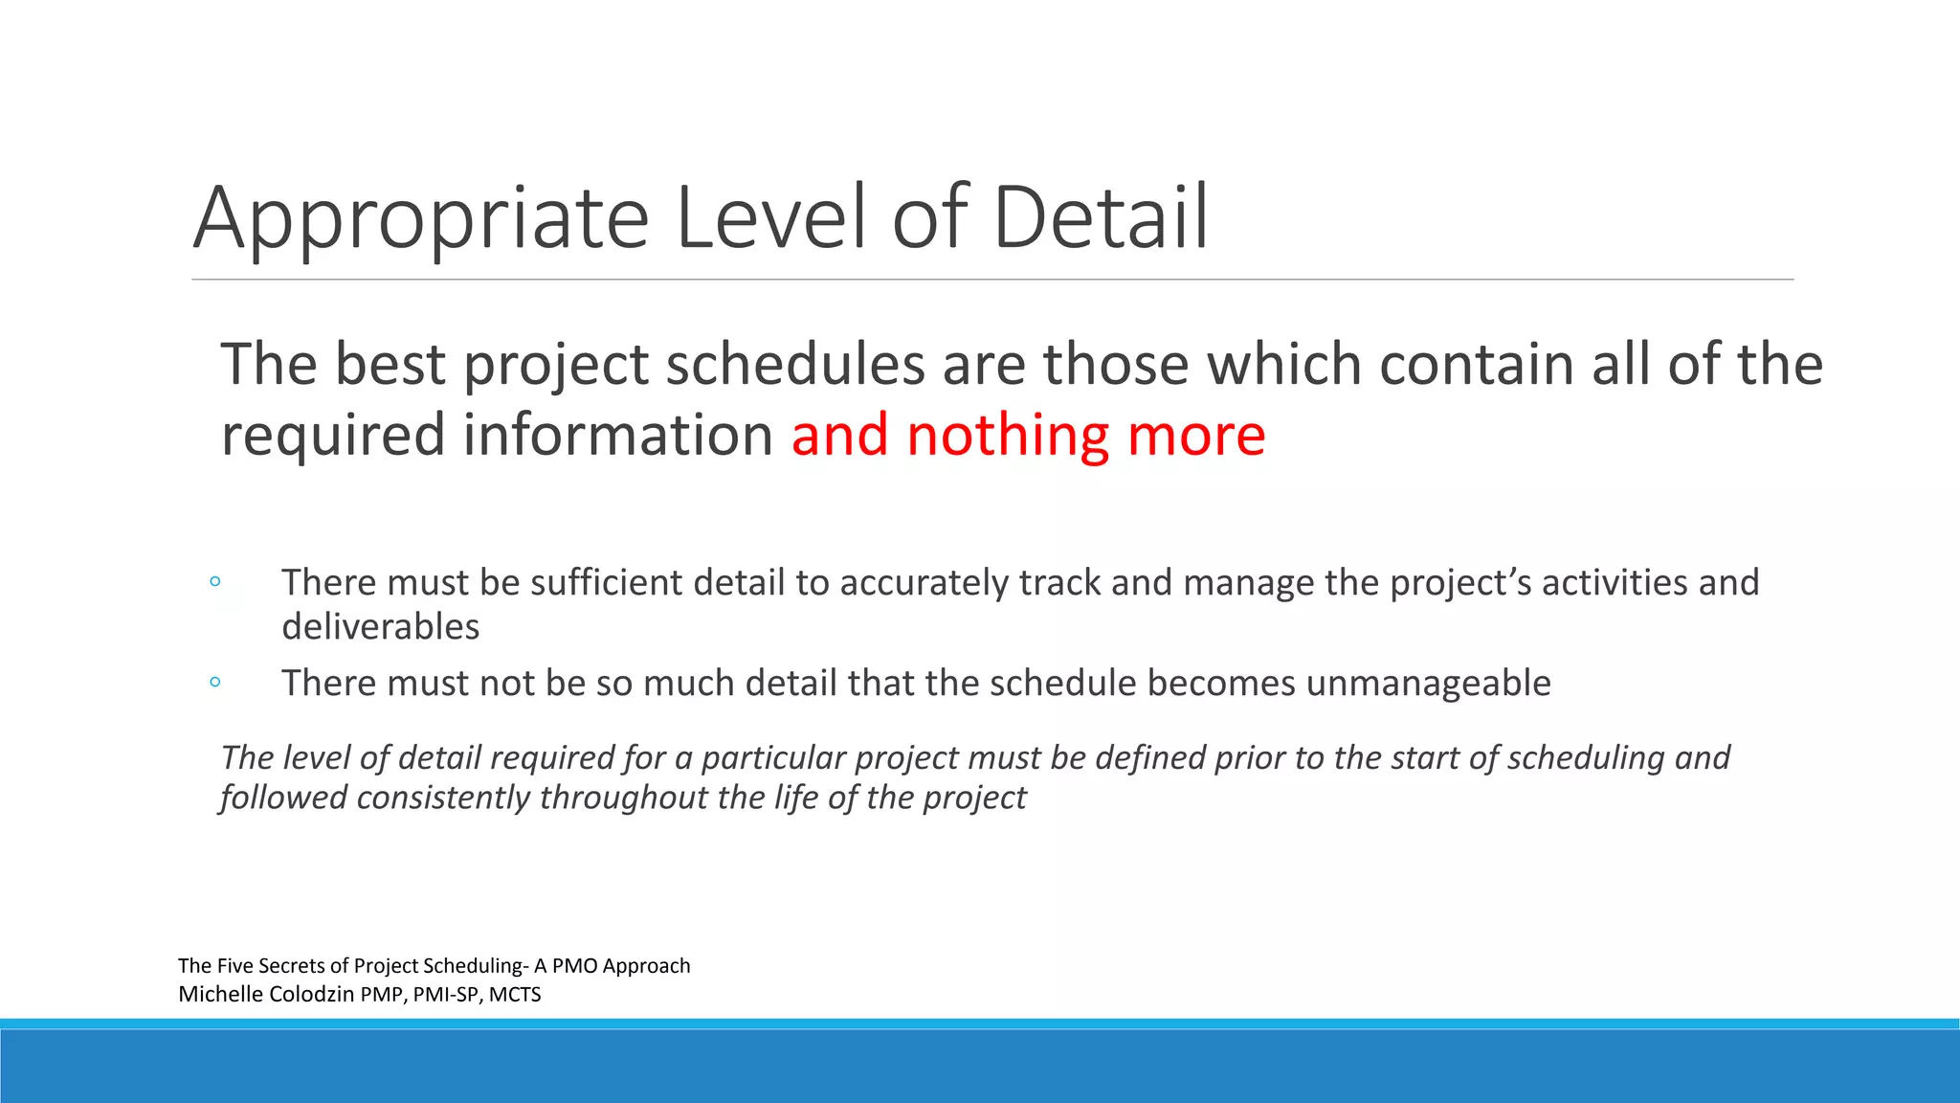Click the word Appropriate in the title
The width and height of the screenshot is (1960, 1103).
click(421, 220)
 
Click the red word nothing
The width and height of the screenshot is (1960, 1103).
click(1007, 436)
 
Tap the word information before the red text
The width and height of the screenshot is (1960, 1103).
click(617, 436)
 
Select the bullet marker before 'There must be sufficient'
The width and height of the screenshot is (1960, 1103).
click(215, 581)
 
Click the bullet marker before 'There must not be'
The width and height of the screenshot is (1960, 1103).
click(215, 682)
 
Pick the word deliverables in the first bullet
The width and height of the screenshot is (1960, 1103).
click(380, 627)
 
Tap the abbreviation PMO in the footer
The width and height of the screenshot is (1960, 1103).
click(574, 966)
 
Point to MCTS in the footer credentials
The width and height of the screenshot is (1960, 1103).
click(515, 995)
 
